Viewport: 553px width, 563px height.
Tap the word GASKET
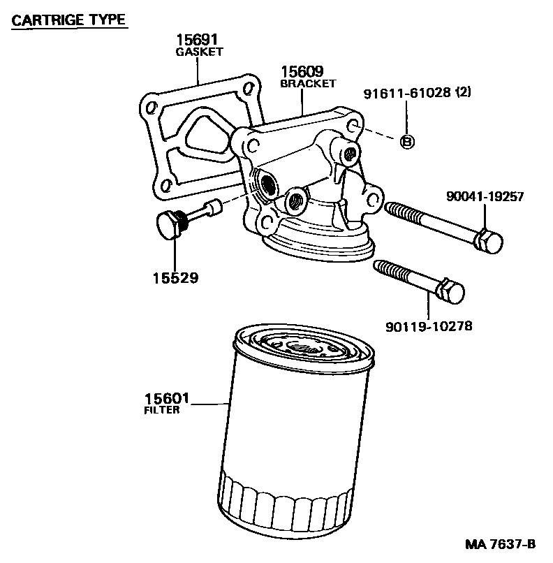198,52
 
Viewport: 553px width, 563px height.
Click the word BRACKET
308,83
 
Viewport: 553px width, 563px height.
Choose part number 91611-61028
408,94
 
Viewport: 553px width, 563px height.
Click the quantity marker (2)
463,94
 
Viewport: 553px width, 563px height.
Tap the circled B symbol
408,142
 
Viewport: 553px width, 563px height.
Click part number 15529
175,278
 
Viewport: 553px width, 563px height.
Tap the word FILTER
161,410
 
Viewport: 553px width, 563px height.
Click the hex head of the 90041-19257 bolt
490,242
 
